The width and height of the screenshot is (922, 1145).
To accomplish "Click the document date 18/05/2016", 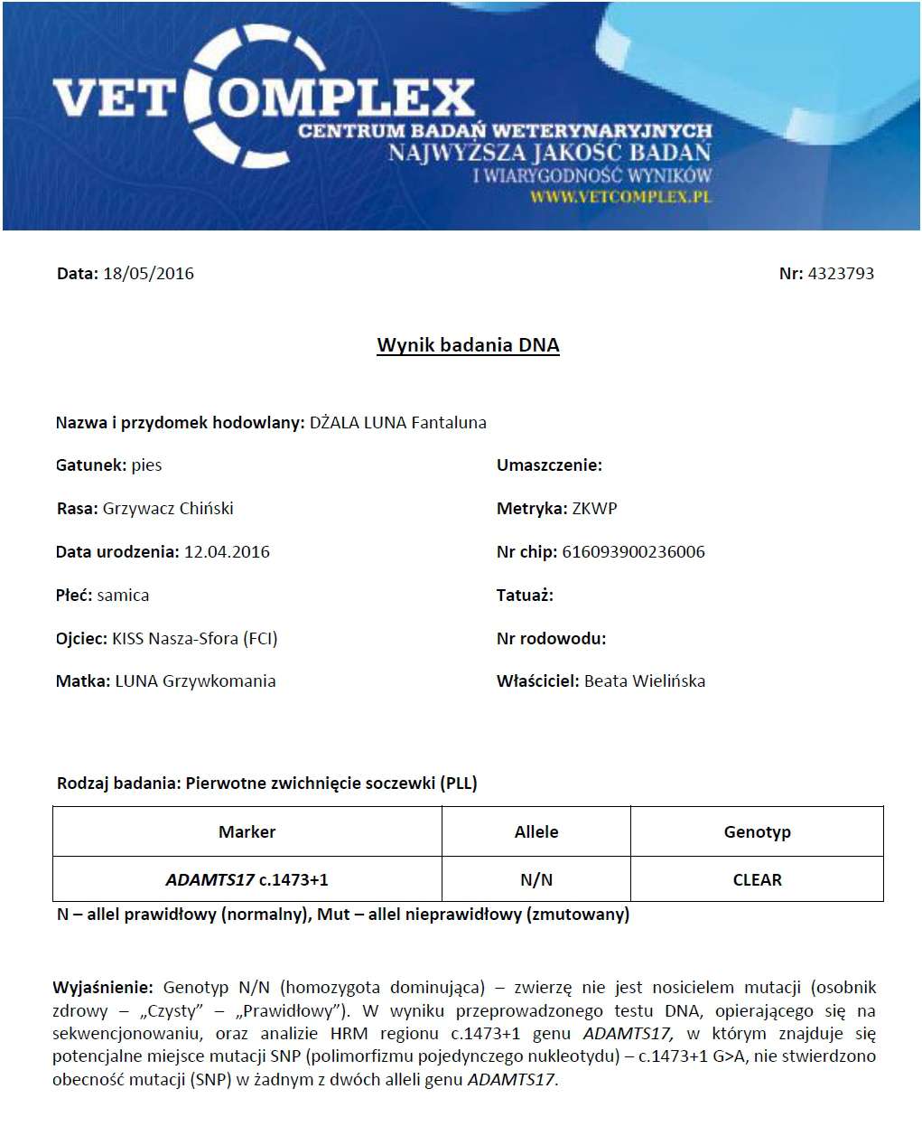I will click(x=148, y=274).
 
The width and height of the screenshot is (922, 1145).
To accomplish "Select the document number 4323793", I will click(x=840, y=274).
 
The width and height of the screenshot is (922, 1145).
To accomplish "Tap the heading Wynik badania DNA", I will click(x=468, y=345).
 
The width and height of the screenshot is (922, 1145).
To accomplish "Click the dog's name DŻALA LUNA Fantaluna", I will click(x=397, y=422).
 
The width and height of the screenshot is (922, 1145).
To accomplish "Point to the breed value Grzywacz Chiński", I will click(x=168, y=509).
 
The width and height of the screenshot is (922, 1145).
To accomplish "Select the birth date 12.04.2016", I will click(x=227, y=552).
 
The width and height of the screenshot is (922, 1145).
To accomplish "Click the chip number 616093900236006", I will click(x=633, y=552).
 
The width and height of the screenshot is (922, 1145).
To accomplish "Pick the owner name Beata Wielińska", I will click(x=645, y=681).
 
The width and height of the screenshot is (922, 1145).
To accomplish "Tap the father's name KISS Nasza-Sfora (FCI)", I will click(x=194, y=639).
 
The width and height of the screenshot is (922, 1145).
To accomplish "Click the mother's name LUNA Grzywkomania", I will click(x=195, y=681).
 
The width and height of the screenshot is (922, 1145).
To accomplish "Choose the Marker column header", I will click(x=247, y=832).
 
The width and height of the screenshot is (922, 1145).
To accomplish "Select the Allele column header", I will click(x=536, y=832).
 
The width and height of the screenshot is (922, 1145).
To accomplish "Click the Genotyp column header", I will click(x=757, y=832).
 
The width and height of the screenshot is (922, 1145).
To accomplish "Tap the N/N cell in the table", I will click(x=536, y=880).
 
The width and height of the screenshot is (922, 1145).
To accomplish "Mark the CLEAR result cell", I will click(x=757, y=880).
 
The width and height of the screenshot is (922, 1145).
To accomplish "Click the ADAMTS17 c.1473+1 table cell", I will click(x=247, y=880).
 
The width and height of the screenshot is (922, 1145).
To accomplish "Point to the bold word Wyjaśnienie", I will click(x=103, y=988).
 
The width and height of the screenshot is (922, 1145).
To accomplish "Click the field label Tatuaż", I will click(x=525, y=596).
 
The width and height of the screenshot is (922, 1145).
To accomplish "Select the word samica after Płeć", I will click(x=123, y=596).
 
